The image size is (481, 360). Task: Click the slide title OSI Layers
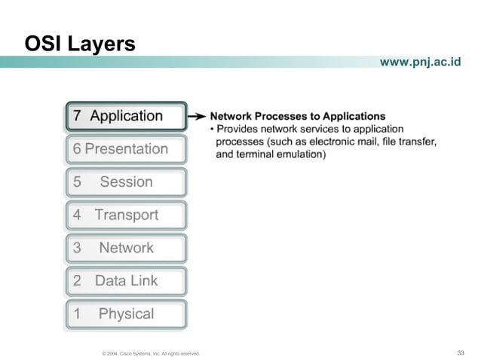[x=80, y=44]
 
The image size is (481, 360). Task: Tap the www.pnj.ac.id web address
[x=420, y=62]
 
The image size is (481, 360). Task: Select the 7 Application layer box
[x=125, y=116]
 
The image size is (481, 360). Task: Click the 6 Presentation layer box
[x=125, y=149]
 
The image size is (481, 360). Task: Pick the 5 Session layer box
[x=125, y=182]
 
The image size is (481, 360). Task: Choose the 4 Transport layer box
[x=125, y=215]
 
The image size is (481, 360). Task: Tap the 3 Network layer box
[x=125, y=248]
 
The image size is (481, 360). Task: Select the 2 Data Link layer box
[x=125, y=281]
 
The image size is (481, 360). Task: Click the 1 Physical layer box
[x=125, y=314]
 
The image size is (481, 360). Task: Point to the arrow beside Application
[x=197, y=117]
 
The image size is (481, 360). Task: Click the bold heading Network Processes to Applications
[x=297, y=117]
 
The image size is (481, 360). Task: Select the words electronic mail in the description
[x=353, y=142]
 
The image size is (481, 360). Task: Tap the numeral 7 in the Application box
[x=77, y=116]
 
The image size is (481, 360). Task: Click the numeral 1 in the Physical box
[x=77, y=314]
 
